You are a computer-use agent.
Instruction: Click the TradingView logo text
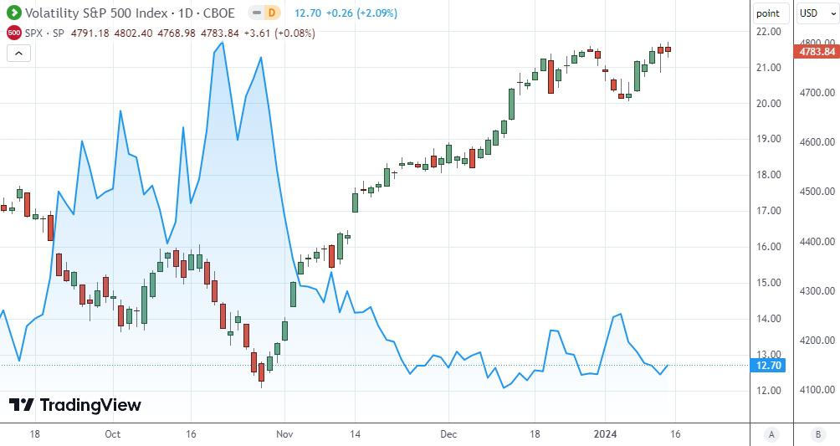[x=90, y=406]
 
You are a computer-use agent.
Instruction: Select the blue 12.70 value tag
[x=768, y=366]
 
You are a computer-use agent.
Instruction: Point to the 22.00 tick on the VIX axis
[x=768, y=32]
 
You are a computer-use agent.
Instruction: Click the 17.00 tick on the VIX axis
[x=768, y=211]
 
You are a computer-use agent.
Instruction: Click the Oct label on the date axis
[x=113, y=434]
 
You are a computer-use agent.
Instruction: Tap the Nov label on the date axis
[x=285, y=434]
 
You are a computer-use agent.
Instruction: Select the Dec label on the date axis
[x=448, y=434]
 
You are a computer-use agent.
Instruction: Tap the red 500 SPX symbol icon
[x=14, y=33]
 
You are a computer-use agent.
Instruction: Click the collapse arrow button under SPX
[x=19, y=54]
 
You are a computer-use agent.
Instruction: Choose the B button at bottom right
[x=817, y=434]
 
